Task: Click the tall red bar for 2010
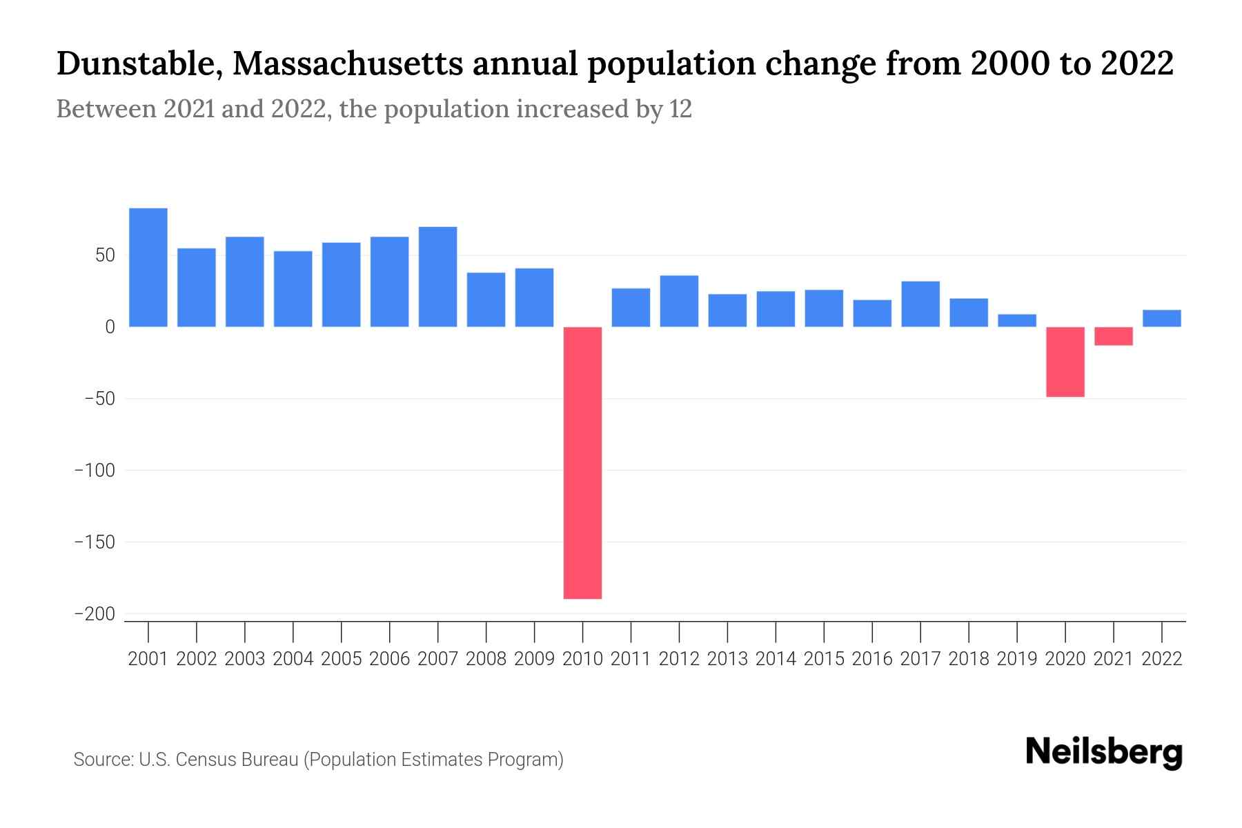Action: click(x=582, y=462)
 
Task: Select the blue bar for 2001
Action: click(x=148, y=268)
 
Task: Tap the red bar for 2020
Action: click(x=1065, y=362)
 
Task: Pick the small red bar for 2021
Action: click(x=1114, y=336)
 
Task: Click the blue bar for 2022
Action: click(x=1162, y=318)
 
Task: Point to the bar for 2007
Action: click(x=437, y=277)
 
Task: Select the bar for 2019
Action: click(x=1017, y=320)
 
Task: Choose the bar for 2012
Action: click(x=679, y=301)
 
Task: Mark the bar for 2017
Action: click(x=920, y=304)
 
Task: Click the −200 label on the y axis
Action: click(x=95, y=614)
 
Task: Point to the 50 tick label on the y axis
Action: click(x=105, y=256)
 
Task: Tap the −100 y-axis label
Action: click(x=95, y=471)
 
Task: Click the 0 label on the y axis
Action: click(x=110, y=327)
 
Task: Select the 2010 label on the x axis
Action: click(x=582, y=659)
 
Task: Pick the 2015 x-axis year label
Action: click(x=824, y=659)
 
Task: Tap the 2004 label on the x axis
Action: click(x=293, y=659)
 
